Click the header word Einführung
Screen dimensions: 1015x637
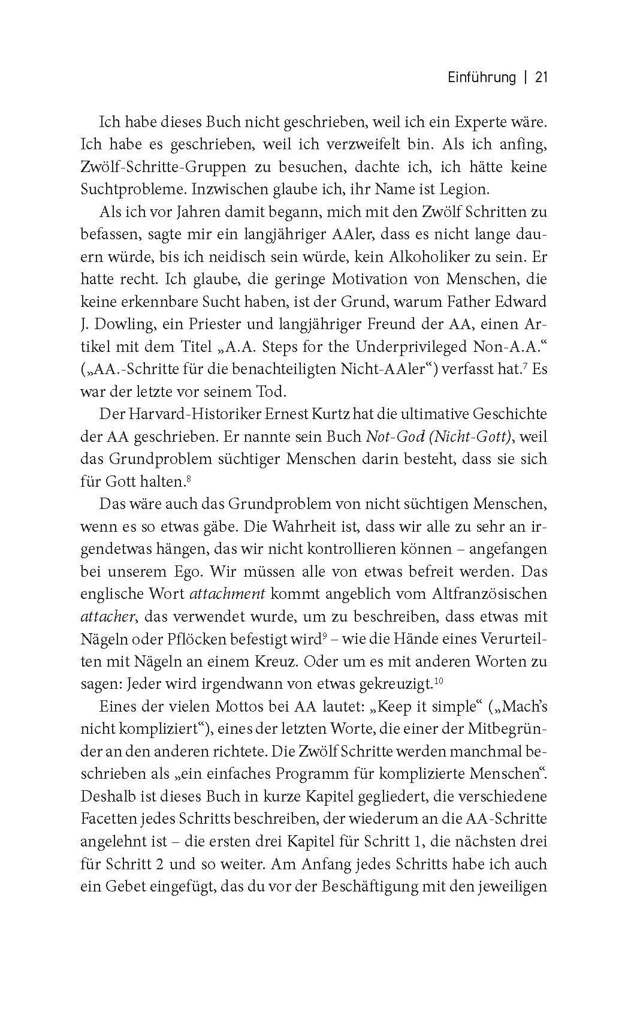click(482, 77)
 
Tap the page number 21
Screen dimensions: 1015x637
click(542, 77)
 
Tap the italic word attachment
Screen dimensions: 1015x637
click(227, 594)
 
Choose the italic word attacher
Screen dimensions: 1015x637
click(102, 616)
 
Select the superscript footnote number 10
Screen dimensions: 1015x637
click(437, 681)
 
